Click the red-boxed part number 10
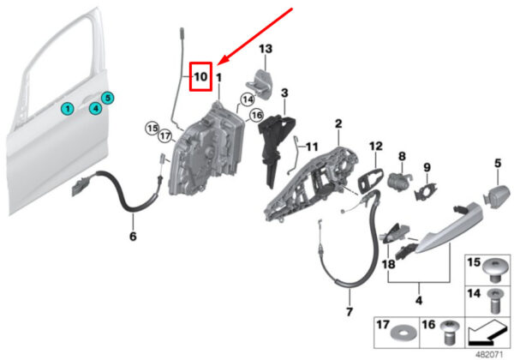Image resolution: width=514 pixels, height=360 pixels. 200,76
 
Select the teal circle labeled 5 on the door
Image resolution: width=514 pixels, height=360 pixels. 109,98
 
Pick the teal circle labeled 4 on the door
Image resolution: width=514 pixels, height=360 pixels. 96,108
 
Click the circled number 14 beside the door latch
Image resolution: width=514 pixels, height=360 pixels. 248,100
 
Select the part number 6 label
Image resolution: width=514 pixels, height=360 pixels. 133,236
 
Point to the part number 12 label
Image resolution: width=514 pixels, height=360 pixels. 374,147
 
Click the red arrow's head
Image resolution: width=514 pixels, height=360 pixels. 220,61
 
